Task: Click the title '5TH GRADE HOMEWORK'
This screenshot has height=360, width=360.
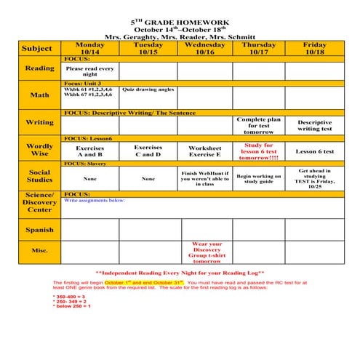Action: point(180,22)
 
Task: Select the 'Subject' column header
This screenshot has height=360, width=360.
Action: point(37,48)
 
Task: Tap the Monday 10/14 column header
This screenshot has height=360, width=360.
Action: point(90,48)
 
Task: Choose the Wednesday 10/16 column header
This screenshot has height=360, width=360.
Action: point(205,48)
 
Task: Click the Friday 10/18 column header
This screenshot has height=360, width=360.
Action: point(314,48)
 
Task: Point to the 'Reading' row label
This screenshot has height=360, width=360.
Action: point(40,68)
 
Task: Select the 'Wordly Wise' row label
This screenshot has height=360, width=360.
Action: point(40,151)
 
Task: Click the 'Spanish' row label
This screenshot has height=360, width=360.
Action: point(40,230)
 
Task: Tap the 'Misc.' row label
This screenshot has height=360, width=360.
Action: point(40,251)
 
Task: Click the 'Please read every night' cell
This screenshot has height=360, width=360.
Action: point(90,71)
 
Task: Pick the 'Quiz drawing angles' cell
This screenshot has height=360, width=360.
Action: point(148,90)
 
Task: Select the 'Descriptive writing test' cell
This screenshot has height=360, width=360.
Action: point(314,126)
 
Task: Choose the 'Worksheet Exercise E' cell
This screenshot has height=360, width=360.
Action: point(205,151)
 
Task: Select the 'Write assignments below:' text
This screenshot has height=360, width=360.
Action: point(95,200)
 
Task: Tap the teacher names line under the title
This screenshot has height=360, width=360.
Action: point(180,36)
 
